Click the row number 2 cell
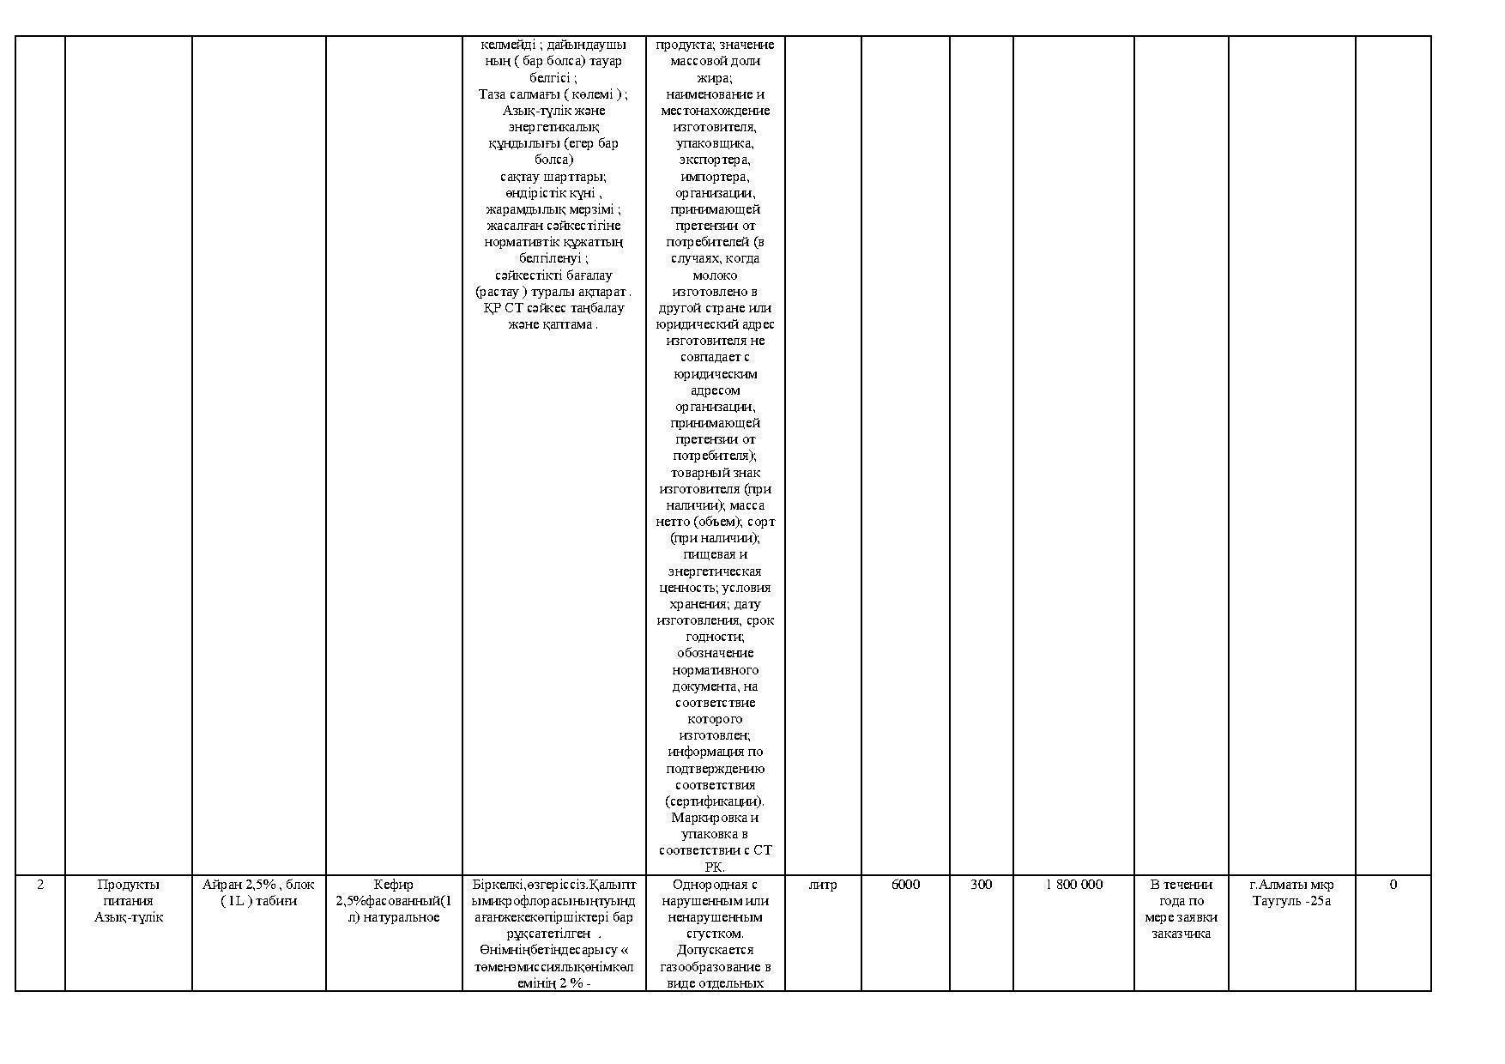40,885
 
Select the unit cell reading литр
822,885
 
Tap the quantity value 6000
905,885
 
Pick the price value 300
981,885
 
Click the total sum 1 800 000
1073,885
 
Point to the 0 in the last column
1393,885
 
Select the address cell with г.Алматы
1291,892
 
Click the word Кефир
394,885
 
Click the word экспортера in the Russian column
715,160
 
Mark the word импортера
715,177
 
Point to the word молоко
715,275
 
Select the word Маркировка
715,818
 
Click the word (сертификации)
715,801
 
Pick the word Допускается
715,950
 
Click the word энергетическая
715,571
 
